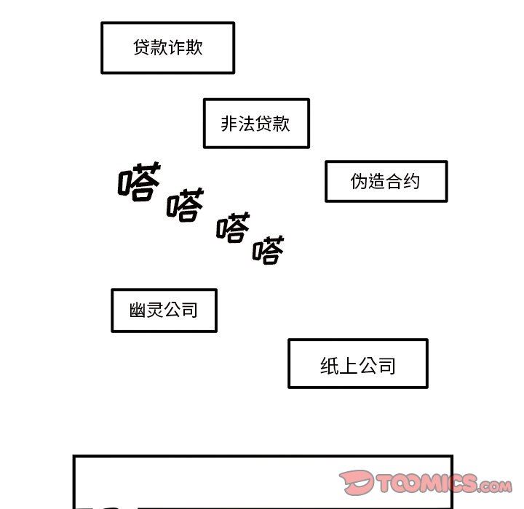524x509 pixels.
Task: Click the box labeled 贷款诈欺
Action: pos(168,48)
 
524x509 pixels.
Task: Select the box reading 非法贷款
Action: pos(256,123)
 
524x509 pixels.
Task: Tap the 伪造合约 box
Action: pos(386,181)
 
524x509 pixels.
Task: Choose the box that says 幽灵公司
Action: pos(164,310)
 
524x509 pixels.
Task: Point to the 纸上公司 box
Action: pos(358,364)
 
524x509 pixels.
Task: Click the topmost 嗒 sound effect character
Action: pos(139,182)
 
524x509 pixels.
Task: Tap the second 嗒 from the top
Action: pos(186,205)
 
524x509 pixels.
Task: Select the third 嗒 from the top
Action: pos(234,227)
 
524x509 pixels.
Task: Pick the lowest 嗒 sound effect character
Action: pos(269,250)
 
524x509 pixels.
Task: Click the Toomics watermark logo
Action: pos(426,483)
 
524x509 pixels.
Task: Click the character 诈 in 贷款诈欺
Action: pos(176,47)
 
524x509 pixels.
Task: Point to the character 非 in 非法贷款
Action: pos(229,124)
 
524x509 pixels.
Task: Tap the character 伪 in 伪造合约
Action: pos(359,181)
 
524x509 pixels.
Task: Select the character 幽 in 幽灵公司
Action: pos(138,310)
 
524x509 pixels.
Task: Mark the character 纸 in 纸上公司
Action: pos(329,366)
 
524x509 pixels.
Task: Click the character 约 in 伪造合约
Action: pos(411,181)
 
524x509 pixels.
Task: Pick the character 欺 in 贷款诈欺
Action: pos(194,47)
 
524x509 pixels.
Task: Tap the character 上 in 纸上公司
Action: pos(348,366)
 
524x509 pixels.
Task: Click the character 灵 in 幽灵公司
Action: pos(155,310)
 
